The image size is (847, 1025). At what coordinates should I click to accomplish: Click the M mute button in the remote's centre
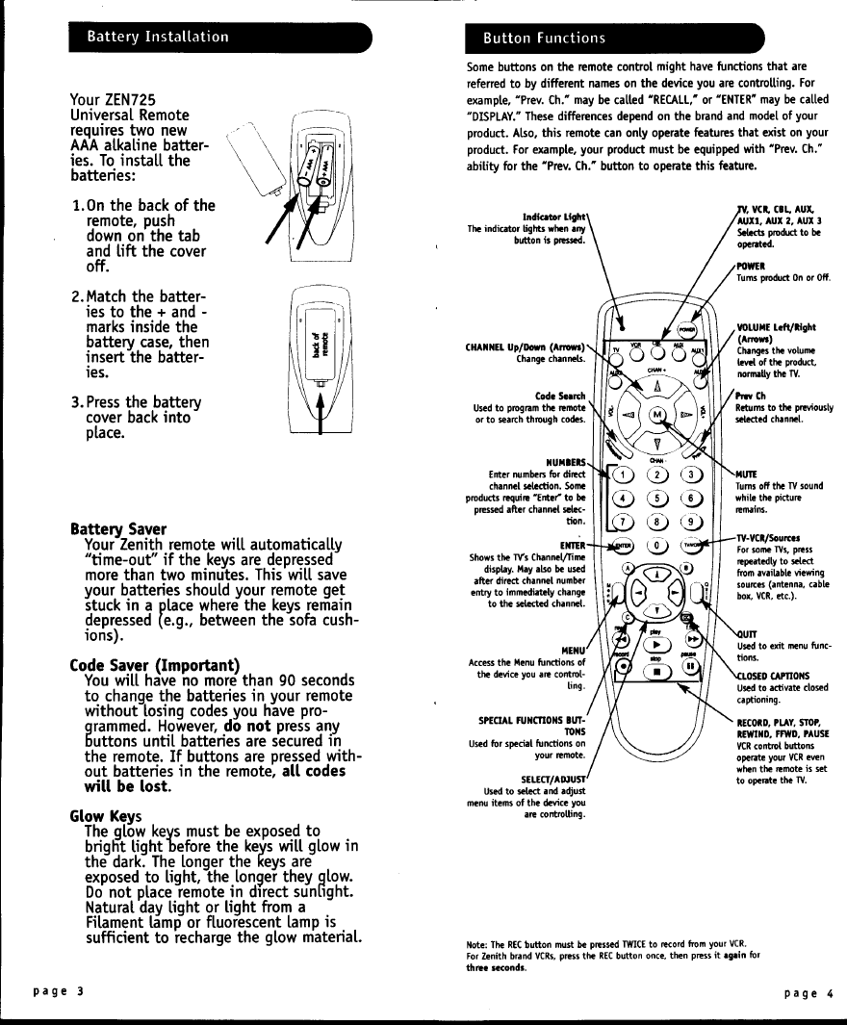tap(658, 415)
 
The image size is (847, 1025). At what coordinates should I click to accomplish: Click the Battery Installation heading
tap(158, 37)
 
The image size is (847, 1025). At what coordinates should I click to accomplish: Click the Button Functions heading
tap(544, 38)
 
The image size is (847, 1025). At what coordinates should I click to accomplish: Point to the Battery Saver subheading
tap(118, 529)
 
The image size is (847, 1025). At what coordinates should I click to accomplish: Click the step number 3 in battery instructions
tap(78, 401)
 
